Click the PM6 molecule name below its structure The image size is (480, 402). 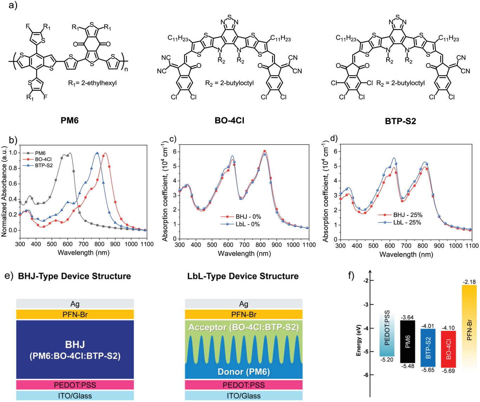70,121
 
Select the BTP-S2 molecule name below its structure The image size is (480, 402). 400,121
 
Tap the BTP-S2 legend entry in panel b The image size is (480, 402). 44,165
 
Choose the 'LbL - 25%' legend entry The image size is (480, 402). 407,222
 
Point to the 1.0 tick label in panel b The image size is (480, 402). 13,153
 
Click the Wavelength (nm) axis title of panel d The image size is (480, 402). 406,254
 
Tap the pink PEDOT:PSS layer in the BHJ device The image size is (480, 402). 75,385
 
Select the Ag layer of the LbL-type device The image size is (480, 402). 244,304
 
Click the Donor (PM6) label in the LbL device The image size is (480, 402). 244,372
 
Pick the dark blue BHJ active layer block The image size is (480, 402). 75,350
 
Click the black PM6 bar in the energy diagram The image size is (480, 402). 408,342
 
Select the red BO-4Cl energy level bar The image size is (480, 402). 448,349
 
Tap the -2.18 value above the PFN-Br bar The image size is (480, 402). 469,282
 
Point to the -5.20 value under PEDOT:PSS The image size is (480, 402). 387,360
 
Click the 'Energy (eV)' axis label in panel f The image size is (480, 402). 359,340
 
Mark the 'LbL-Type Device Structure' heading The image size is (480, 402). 243,276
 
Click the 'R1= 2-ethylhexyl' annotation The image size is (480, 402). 92,83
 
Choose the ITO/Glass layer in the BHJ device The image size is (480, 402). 75,396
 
